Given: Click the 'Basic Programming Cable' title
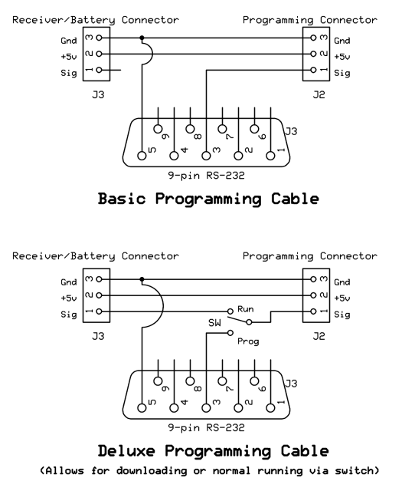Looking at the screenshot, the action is click(208, 199).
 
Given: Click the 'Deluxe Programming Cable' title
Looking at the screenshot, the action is click(213, 451).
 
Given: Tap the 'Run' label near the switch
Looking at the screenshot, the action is click(245, 309).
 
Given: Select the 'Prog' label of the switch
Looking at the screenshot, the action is click(248, 341).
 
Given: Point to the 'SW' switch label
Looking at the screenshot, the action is click(214, 323).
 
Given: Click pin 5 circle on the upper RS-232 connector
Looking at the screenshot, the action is click(142, 156).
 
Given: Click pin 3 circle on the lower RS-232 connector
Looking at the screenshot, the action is click(206, 408).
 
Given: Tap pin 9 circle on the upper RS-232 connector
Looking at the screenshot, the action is click(159, 129).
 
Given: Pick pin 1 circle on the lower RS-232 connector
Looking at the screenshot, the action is click(270, 408).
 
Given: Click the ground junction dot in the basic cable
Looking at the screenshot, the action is click(142, 38).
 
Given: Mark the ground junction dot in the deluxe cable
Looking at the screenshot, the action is click(142, 279).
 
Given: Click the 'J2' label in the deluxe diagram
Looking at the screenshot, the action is click(319, 336).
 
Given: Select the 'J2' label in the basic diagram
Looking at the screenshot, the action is click(319, 94).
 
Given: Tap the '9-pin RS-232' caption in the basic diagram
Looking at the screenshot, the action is click(206, 176).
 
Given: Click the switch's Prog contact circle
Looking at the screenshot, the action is click(230, 332).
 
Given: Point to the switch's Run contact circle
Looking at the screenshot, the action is click(230, 311).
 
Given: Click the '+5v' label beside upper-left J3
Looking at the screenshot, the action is click(69, 57).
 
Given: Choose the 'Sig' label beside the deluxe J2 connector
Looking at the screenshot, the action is click(342, 315).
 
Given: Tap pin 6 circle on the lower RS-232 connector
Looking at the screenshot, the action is click(254, 381).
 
